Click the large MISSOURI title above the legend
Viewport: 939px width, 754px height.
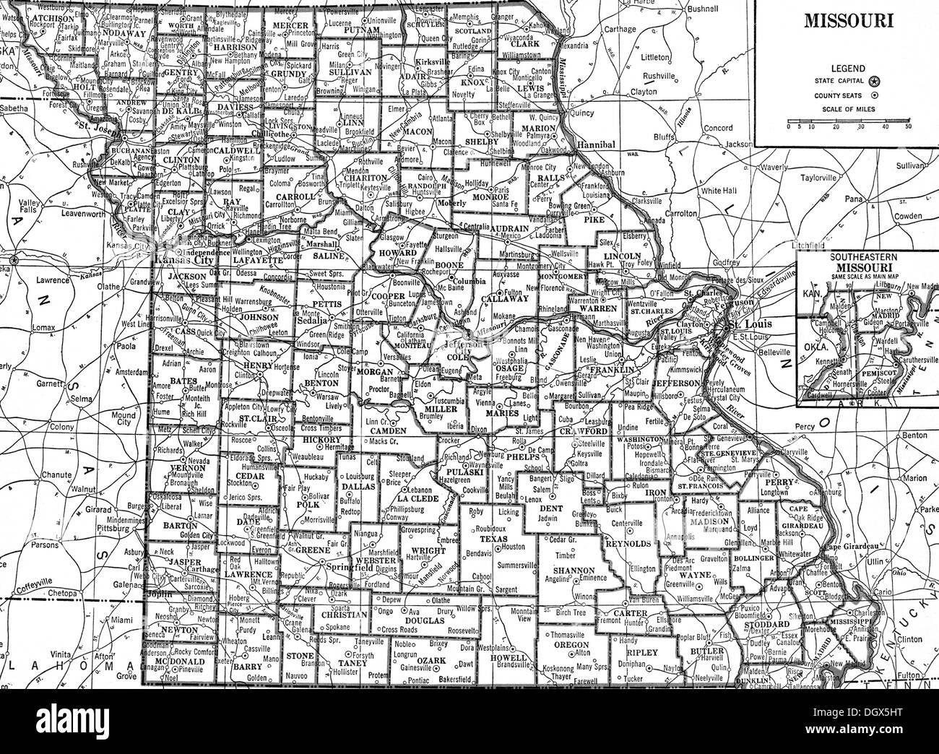(x=847, y=20)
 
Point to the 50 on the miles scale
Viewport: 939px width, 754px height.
(x=906, y=126)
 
